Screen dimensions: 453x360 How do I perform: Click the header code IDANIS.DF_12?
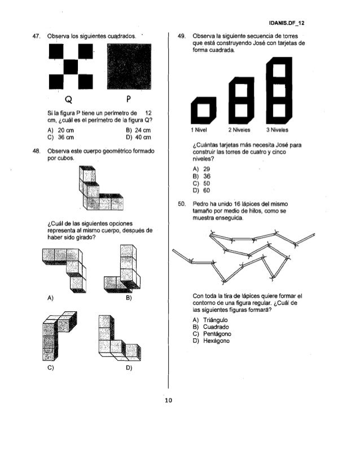click(287, 24)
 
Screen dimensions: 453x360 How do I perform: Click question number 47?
click(36, 36)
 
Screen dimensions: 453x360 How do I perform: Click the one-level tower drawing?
click(204, 110)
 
